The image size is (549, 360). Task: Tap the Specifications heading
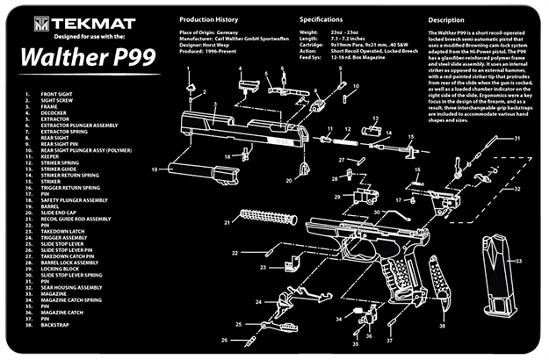coord(321,18)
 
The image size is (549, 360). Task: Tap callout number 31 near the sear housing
coord(517,139)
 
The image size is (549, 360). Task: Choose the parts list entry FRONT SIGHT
coord(57,92)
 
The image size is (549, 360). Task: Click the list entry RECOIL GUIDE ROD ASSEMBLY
coord(76,218)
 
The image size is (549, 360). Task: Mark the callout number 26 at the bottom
coord(224,340)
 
